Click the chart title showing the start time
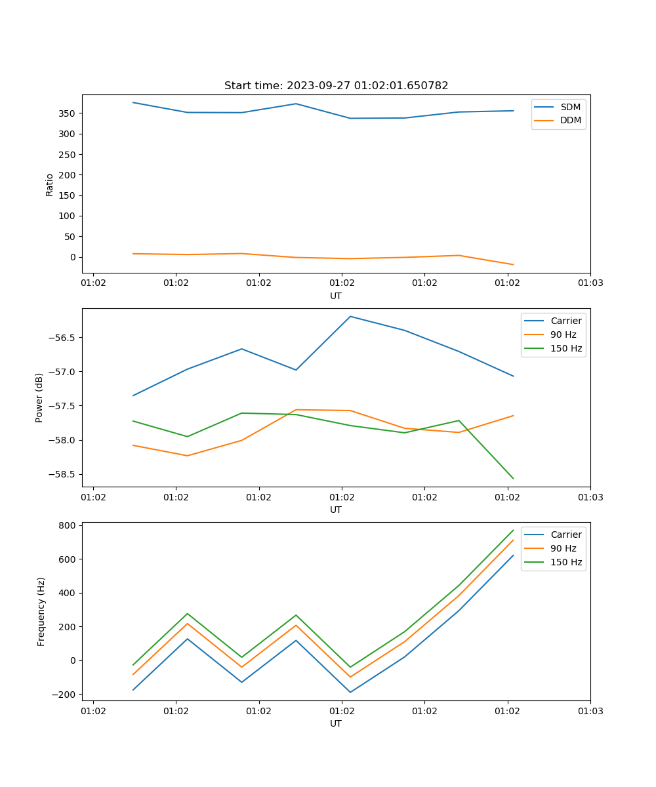[x=336, y=86]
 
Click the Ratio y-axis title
[x=50, y=184]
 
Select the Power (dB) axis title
[x=39, y=397]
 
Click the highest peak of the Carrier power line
[x=350, y=316]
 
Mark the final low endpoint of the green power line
[x=513, y=479]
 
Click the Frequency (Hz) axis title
[x=41, y=611]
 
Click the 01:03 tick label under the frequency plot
[x=590, y=711]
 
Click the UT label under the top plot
[x=336, y=296]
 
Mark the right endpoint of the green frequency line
[x=513, y=530]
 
